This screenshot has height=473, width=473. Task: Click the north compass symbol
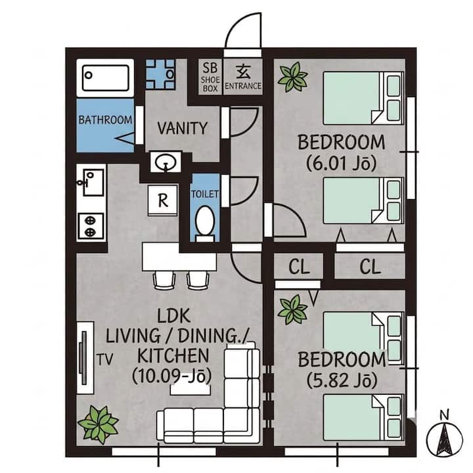coord(444,434)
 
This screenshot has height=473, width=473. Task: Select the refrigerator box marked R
coord(163,200)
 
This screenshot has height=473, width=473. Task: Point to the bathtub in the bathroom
coord(105,78)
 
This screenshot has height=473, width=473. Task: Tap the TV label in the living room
coord(104,359)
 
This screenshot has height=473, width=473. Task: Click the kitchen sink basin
coord(93,183)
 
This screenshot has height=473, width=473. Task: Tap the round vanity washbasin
coord(166,162)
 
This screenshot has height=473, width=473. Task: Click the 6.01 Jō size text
coord(342,164)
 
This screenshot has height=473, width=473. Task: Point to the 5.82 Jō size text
coord(342,380)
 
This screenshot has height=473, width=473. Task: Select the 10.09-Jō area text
coord(171,376)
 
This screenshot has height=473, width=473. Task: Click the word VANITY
coord(183,128)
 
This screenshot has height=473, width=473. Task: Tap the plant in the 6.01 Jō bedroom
coord(293,77)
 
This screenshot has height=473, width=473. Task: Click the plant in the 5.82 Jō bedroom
coord(293,310)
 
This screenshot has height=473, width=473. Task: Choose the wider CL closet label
coord(370,267)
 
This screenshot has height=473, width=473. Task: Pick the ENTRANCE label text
coord(243,86)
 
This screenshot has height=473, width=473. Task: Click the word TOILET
coord(205,194)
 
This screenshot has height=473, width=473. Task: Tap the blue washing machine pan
coord(160,74)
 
